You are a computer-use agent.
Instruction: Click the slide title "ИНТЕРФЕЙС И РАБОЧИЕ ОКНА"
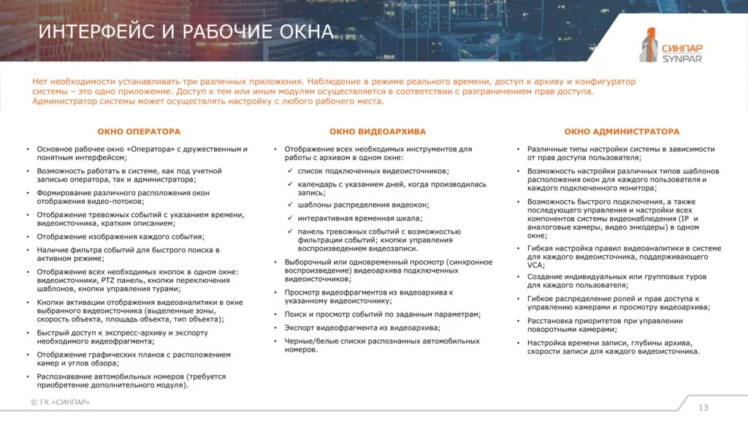click(186, 31)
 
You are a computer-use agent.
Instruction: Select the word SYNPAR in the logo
click(681, 58)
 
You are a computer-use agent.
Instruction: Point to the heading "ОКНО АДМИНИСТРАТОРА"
click(622, 132)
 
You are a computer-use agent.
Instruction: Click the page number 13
click(703, 407)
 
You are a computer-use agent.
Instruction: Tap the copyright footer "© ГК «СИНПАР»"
click(61, 403)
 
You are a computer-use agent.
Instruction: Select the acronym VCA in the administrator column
click(535, 266)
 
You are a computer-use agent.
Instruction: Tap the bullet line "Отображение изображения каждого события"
click(121, 236)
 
